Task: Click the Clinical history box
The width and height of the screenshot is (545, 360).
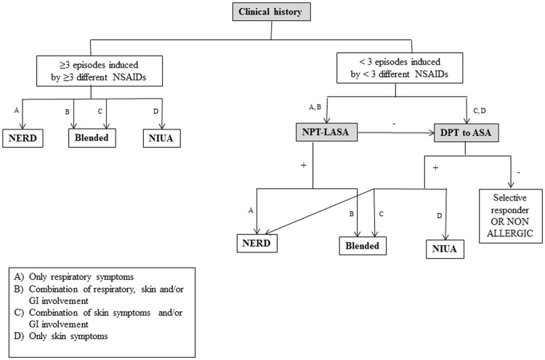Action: [x=272, y=12]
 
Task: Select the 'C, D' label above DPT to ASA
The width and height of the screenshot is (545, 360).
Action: [x=477, y=108]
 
